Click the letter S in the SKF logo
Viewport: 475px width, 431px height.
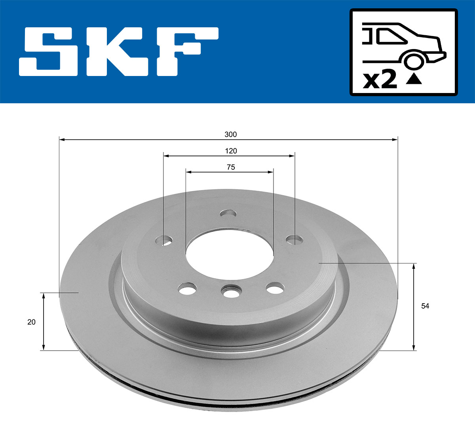tap(48, 51)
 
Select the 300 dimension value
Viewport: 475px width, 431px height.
tap(230, 135)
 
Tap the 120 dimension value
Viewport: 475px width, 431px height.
tap(231, 151)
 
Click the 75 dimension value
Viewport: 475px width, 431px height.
tap(231, 167)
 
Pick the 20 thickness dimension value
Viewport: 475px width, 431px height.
tap(31, 322)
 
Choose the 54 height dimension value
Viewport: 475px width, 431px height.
tap(425, 306)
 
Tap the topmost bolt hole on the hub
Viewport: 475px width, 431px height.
tap(228, 214)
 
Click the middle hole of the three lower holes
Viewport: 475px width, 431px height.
tap(231, 292)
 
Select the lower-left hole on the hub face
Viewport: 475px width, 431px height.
tap(188, 288)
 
